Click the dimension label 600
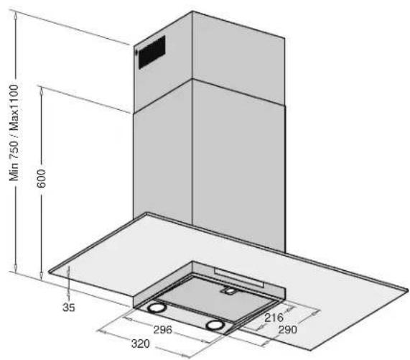click(41, 178)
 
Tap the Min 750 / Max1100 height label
click(14, 133)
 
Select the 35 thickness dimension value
click(68, 307)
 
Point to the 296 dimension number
click(163, 330)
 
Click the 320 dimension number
click(141, 343)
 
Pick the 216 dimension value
click(274, 318)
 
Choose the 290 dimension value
click(287, 330)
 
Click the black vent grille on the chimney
click(152, 52)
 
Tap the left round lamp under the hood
click(157, 308)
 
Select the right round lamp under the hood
click(215, 325)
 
